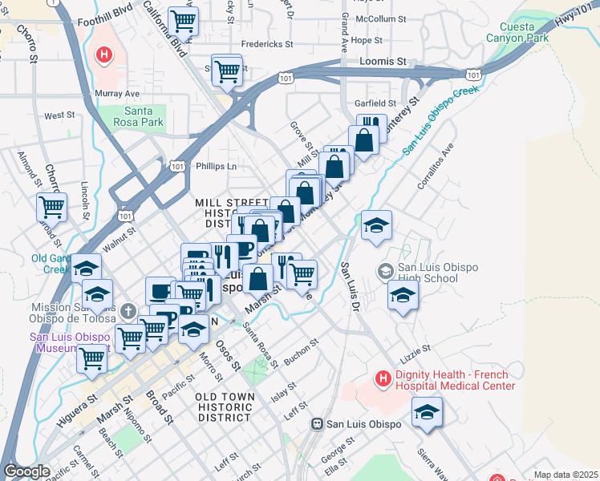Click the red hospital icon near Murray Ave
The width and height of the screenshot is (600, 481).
click(103, 55)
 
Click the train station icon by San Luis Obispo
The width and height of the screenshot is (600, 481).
click(318, 423)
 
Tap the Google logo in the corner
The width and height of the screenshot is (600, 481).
click(26, 471)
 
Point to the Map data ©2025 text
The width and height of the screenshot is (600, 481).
click(566, 475)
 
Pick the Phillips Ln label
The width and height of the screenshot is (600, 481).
click(217, 167)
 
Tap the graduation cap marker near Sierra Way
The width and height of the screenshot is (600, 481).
click(427, 413)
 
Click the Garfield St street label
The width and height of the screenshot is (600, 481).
click(375, 103)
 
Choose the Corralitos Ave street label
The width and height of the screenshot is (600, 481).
click(436, 167)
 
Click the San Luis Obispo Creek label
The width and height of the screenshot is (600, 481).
click(440, 119)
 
